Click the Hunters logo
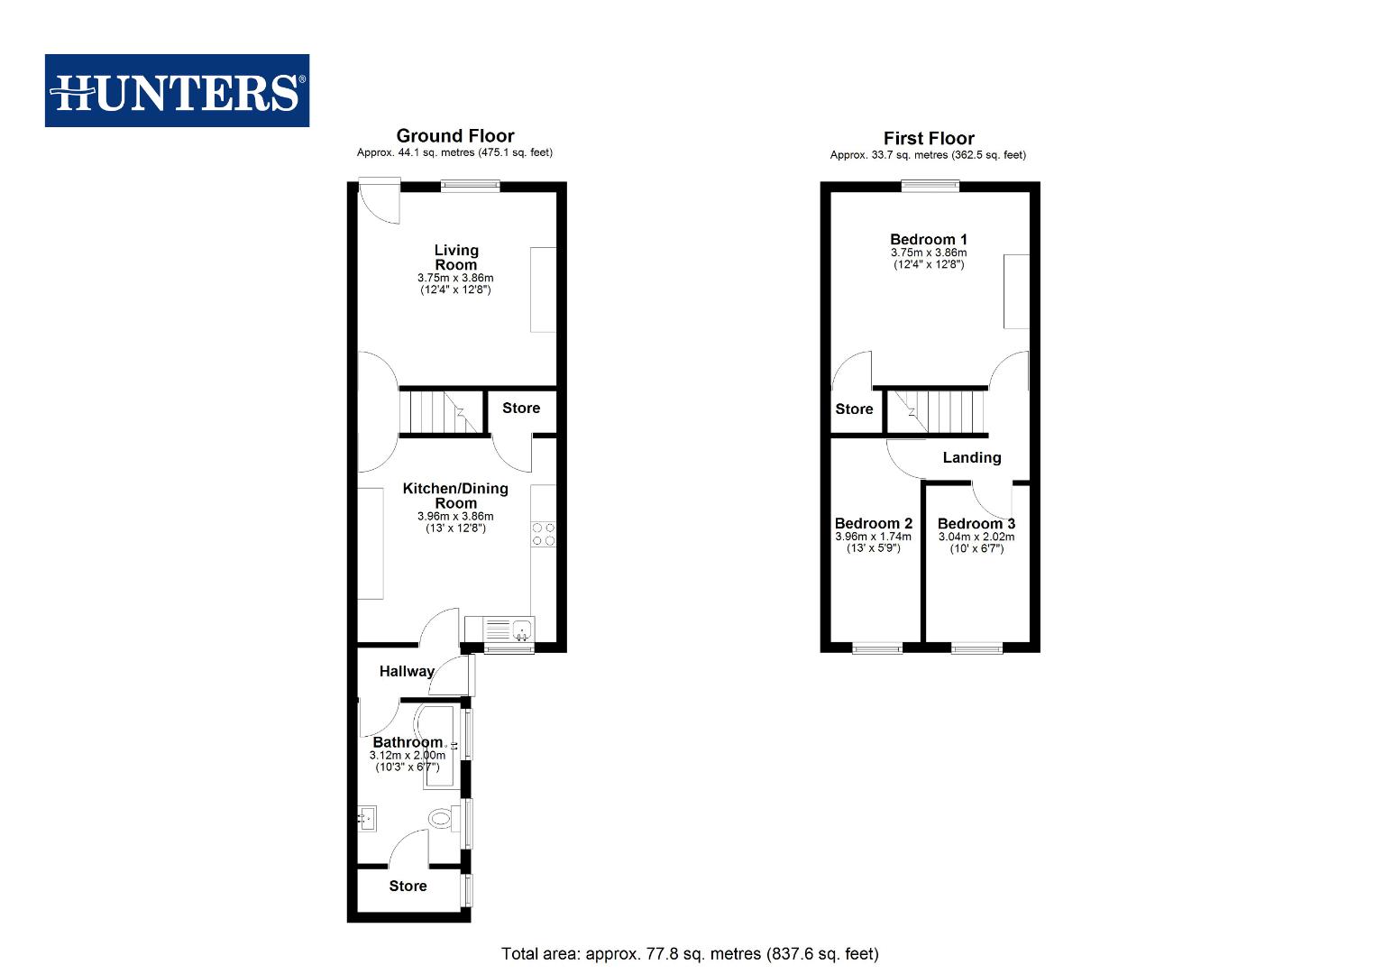point(177,91)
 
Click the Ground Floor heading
point(455,136)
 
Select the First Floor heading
point(929,139)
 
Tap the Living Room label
point(456,257)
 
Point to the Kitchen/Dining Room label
point(455,495)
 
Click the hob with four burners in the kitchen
point(544,534)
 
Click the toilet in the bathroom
point(441,819)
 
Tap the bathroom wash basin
point(368,819)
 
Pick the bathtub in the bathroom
point(442,747)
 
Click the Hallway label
point(407,671)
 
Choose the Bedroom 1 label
point(929,239)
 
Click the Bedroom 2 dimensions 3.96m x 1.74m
point(873,537)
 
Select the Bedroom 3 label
point(976,523)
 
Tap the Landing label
point(972,457)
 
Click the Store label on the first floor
point(854,409)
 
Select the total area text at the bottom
point(690,953)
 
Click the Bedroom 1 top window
point(930,187)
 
